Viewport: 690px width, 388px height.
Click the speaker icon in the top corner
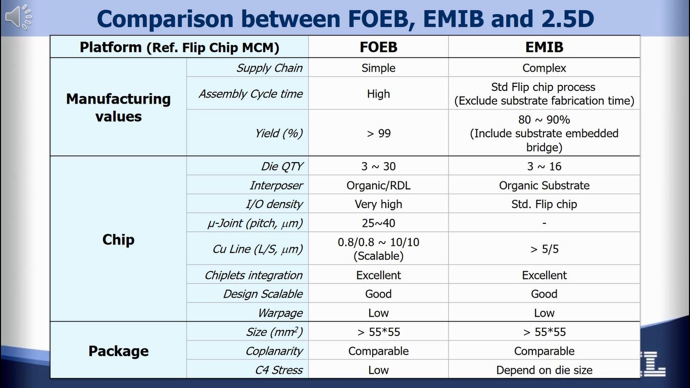[19, 17]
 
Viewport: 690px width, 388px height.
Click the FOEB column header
[378, 47]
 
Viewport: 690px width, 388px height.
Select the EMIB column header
[544, 47]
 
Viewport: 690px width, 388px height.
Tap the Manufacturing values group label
[118, 107]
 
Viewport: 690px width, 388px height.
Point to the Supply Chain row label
[269, 68]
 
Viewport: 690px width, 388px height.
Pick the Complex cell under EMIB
[544, 68]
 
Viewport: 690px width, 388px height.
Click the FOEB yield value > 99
[378, 133]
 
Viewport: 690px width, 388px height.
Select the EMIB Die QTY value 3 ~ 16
[544, 166]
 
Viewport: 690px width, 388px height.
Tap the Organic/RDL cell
[378, 185]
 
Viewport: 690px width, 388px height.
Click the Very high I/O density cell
[378, 204]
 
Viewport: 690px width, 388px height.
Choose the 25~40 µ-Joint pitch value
[378, 223]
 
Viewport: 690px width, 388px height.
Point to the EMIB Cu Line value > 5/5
[544, 249]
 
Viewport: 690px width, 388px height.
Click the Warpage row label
[280, 313]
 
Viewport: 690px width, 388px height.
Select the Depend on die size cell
[544, 370]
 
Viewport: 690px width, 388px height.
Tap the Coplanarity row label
[274, 351]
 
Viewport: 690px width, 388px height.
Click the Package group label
[118, 351]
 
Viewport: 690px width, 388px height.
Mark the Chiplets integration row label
[254, 275]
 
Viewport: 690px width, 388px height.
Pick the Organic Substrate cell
[544, 185]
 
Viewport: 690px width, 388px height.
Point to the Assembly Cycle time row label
[251, 94]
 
